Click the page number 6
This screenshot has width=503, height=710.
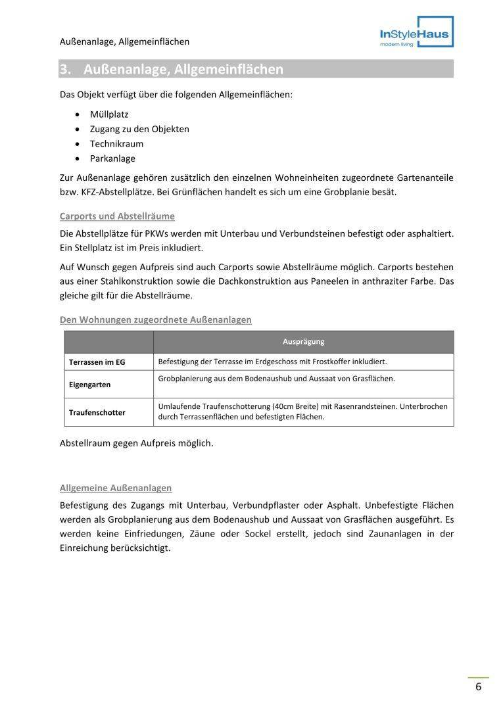pyautogui.click(x=478, y=687)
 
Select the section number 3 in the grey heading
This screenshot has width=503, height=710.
pyautogui.click(x=64, y=69)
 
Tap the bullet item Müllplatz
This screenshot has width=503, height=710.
pyautogui.click(x=109, y=114)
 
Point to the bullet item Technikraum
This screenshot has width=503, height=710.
pyautogui.click(x=116, y=144)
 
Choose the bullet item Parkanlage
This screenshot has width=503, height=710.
pyautogui.click(x=112, y=158)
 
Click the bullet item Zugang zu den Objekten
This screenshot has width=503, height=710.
pyautogui.click(x=139, y=129)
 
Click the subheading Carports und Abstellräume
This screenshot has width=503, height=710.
pyautogui.click(x=117, y=216)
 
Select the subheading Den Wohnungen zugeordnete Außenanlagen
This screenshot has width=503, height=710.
pyautogui.click(x=155, y=319)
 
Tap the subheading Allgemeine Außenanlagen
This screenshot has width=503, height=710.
pyautogui.click(x=116, y=488)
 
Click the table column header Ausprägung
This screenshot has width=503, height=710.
pyautogui.click(x=303, y=342)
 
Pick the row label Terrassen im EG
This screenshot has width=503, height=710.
pyautogui.click(x=97, y=362)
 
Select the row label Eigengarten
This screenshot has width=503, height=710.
pyautogui.click(x=89, y=385)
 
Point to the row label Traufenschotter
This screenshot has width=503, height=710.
pyautogui.click(x=97, y=413)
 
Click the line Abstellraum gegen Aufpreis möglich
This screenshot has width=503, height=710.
pyautogui.click(x=136, y=443)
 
